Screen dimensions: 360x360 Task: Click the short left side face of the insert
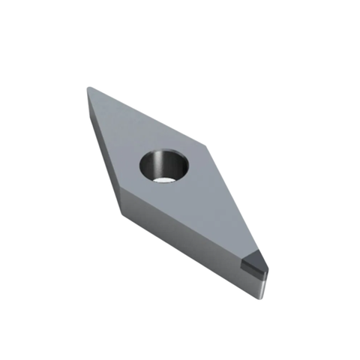103,150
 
